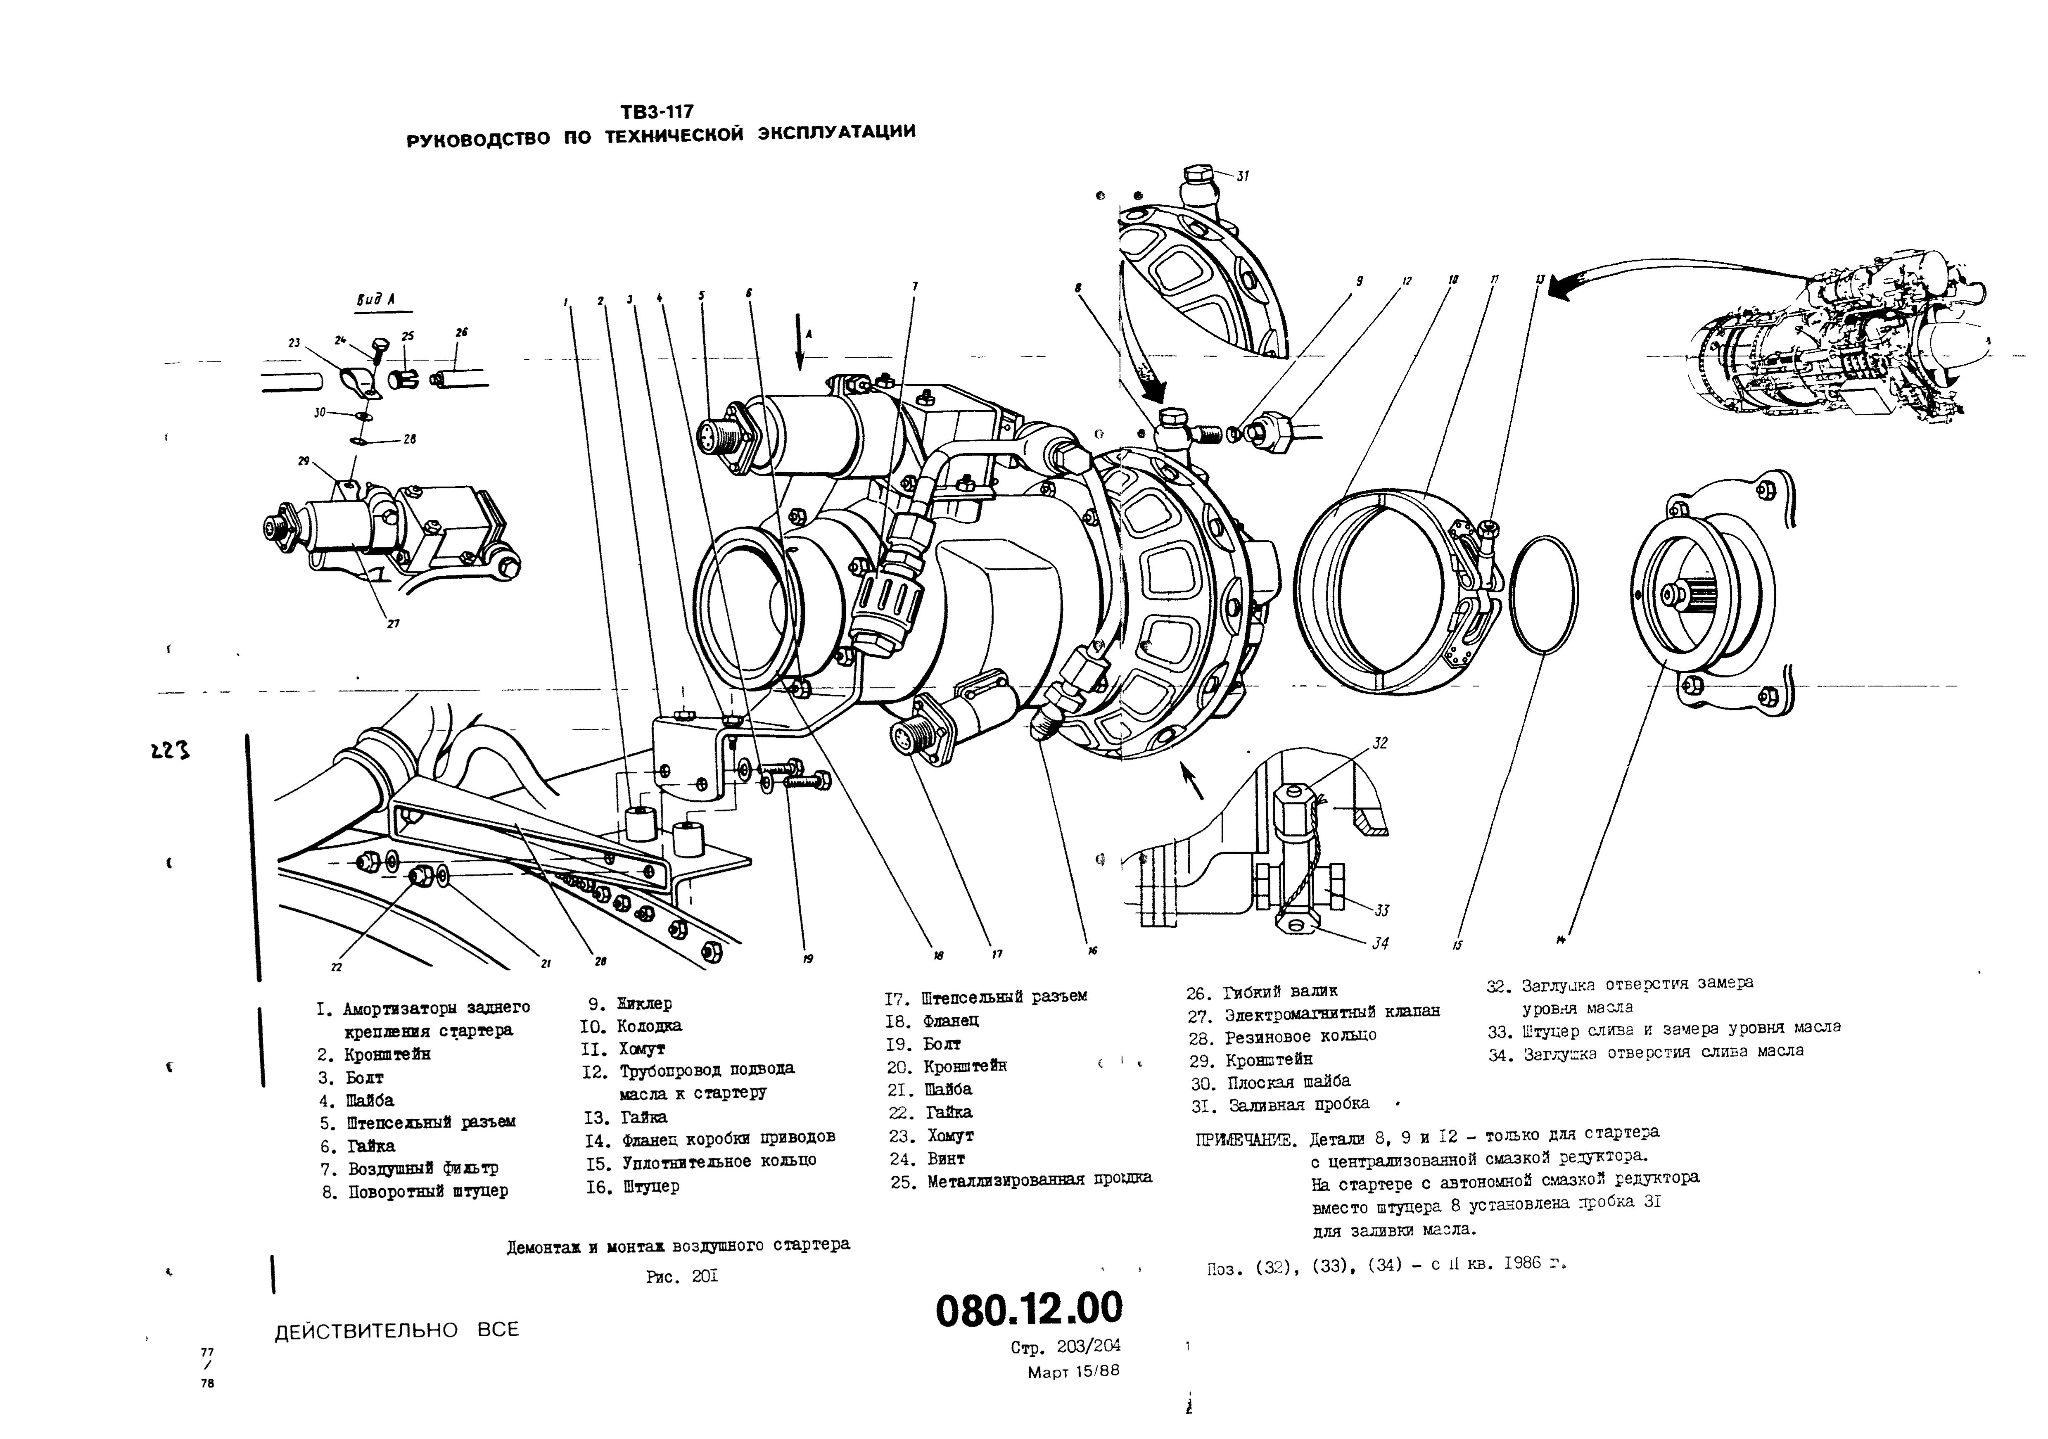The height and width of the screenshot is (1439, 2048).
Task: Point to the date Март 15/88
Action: click(x=1073, y=1371)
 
